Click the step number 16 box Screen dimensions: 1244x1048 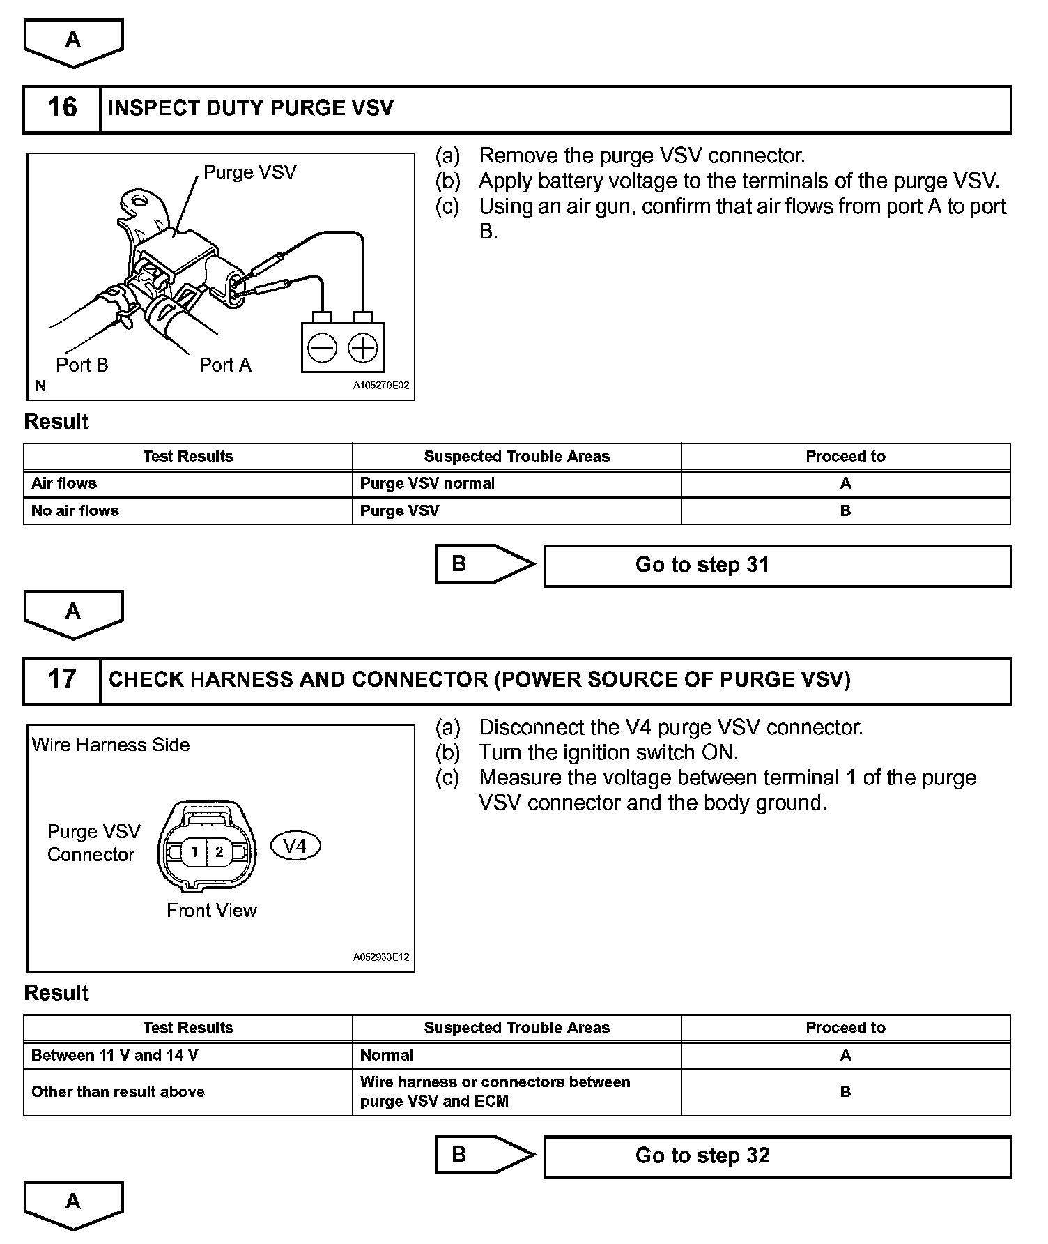click(62, 109)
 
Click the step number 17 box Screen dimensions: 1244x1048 click(62, 680)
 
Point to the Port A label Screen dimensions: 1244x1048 click(225, 365)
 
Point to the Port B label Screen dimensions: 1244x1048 click(82, 365)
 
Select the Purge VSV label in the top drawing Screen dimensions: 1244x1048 click(249, 172)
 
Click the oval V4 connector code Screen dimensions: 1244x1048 click(295, 847)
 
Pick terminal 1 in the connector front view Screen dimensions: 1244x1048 click(195, 851)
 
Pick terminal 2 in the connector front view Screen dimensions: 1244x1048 click(219, 851)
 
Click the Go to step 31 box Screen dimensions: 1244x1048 click(777, 566)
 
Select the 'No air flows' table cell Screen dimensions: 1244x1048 click(187, 511)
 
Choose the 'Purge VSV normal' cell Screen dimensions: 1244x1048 click(516, 484)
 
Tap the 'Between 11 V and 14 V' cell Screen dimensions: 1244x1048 click(187, 1056)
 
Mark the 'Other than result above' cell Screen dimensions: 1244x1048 click(187, 1092)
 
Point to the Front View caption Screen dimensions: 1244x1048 click(211, 911)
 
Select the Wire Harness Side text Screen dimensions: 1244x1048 click(111, 745)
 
